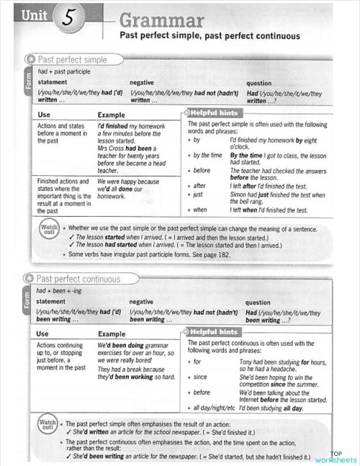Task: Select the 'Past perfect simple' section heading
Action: [x=71, y=60]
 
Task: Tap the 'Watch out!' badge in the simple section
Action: [x=48, y=230]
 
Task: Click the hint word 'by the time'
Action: [x=207, y=155]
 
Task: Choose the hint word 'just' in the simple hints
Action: [x=197, y=194]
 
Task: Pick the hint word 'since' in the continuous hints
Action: [x=200, y=377]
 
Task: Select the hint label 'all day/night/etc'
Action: [x=215, y=408]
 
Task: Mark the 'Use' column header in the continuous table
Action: [x=43, y=333]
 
